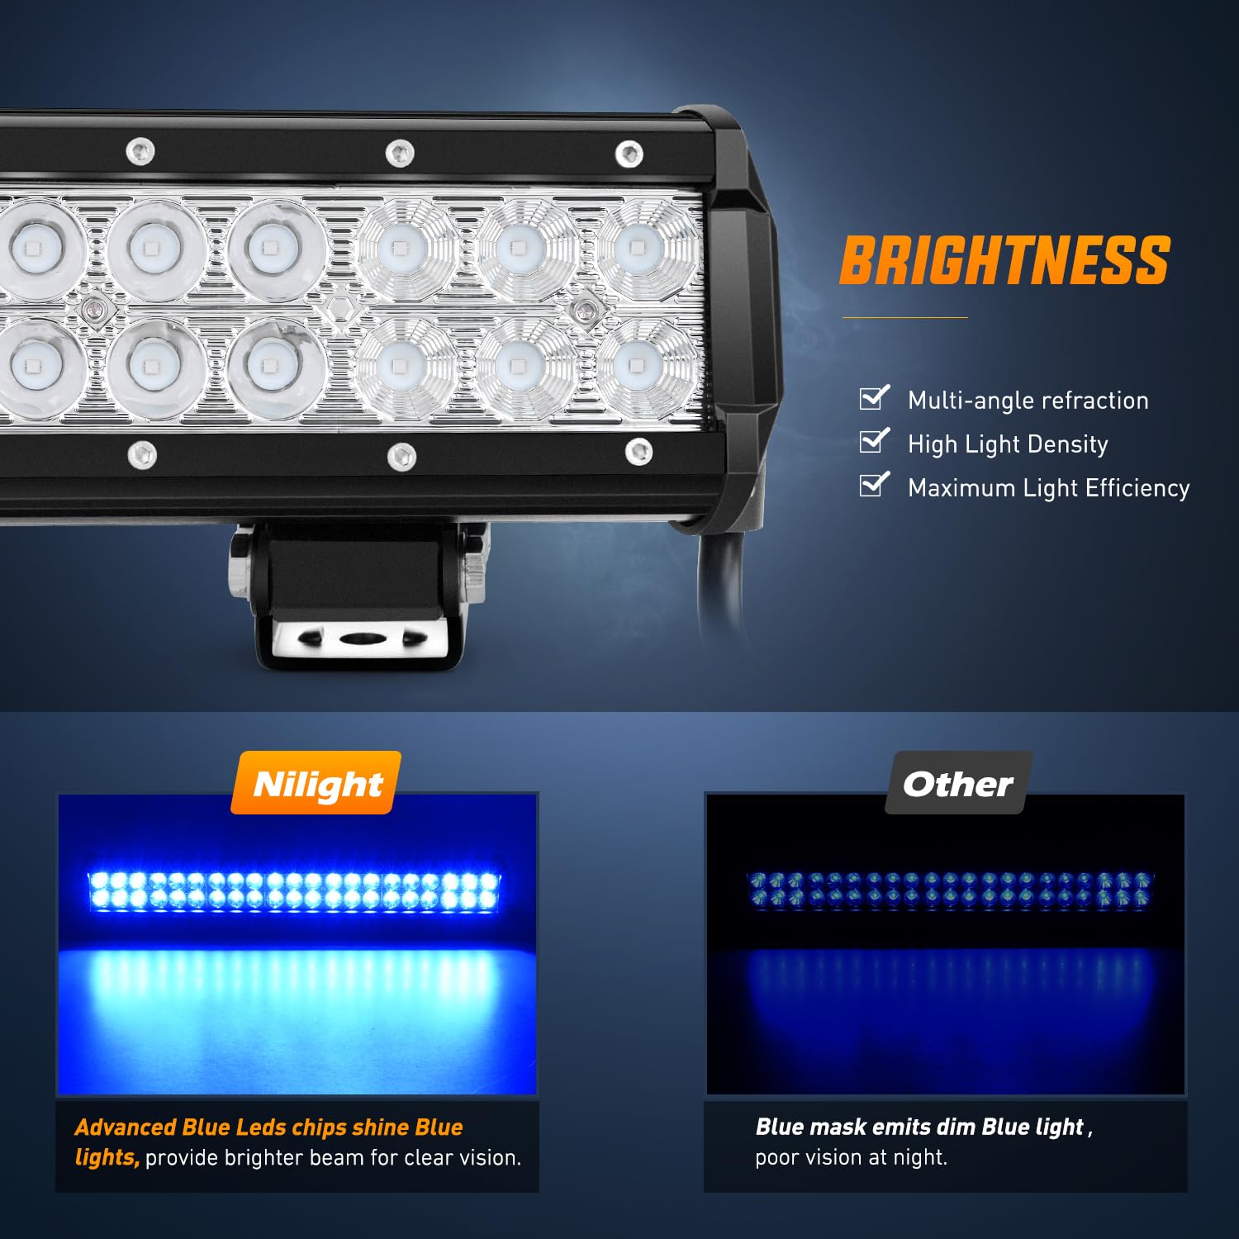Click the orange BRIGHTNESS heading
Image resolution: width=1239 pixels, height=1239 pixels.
click(1004, 261)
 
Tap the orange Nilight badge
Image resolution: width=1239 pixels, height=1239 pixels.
click(317, 784)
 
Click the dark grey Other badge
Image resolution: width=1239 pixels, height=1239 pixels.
click(957, 784)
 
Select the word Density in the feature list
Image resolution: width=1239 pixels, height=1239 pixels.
click(1070, 444)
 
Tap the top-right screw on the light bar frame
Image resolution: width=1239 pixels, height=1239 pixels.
click(629, 153)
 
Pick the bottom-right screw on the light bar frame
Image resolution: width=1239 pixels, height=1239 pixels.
click(638, 451)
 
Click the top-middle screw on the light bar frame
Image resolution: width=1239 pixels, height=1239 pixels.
click(401, 153)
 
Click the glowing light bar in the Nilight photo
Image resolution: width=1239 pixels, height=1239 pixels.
click(295, 891)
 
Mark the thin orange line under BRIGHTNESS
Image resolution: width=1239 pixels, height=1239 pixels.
click(904, 317)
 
